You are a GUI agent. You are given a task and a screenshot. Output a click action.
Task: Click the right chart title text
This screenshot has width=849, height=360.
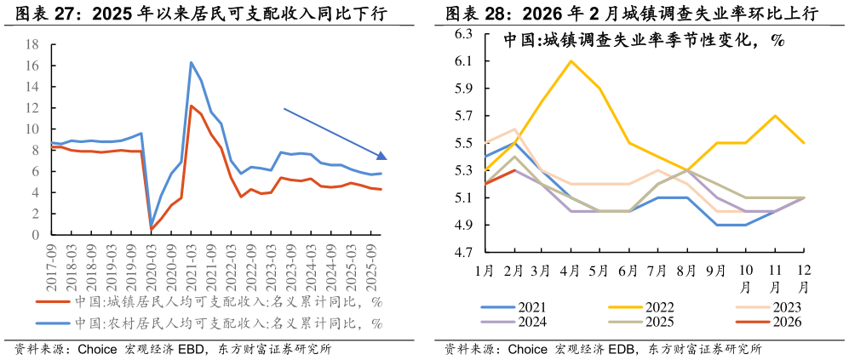click(x=643, y=40)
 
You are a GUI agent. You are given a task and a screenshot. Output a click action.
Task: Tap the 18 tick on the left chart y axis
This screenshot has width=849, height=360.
click(x=32, y=44)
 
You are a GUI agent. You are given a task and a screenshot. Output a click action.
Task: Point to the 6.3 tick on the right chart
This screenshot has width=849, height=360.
click(x=463, y=34)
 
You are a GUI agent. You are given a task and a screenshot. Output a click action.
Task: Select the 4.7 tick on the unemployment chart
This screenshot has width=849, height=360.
click(x=463, y=253)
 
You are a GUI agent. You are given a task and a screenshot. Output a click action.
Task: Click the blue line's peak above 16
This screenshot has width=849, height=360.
click(x=191, y=62)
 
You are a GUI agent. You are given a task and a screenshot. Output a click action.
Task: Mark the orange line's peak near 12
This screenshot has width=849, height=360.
click(x=191, y=106)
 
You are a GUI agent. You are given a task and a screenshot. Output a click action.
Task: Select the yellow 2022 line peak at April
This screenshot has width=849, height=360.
click(x=571, y=60)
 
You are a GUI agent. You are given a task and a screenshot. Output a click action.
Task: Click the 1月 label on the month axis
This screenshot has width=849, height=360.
click(x=484, y=271)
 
